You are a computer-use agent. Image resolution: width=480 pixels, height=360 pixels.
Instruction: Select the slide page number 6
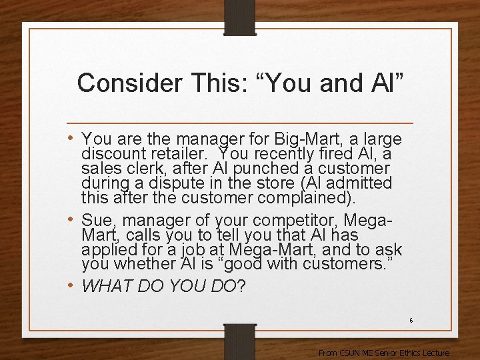coord(411,321)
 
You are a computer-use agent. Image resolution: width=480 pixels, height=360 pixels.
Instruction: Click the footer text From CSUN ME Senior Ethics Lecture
coord(384,353)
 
